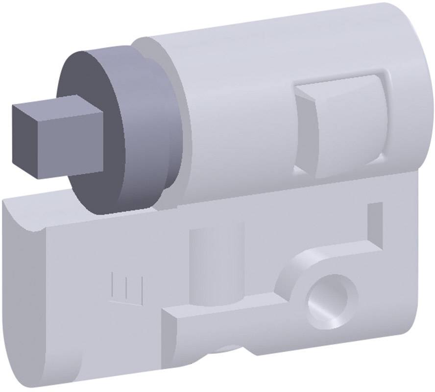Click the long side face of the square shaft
(x=73, y=142)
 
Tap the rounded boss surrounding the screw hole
(x=294, y=274)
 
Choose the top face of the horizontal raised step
(x=220, y=309)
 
